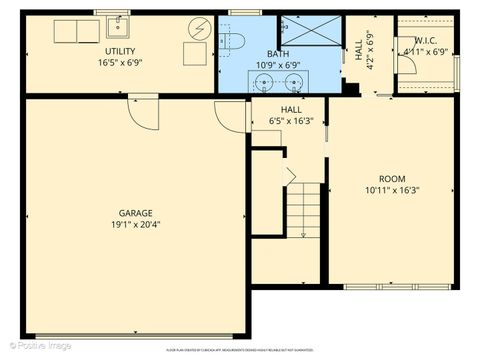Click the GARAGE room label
(136, 213)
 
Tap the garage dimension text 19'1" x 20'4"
(136, 224)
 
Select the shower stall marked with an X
(309, 32)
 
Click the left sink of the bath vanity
(266, 81)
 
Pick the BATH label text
(278, 54)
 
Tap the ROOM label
(391, 178)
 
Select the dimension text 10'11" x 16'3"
(391, 189)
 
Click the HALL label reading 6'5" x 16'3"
(291, 115)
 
